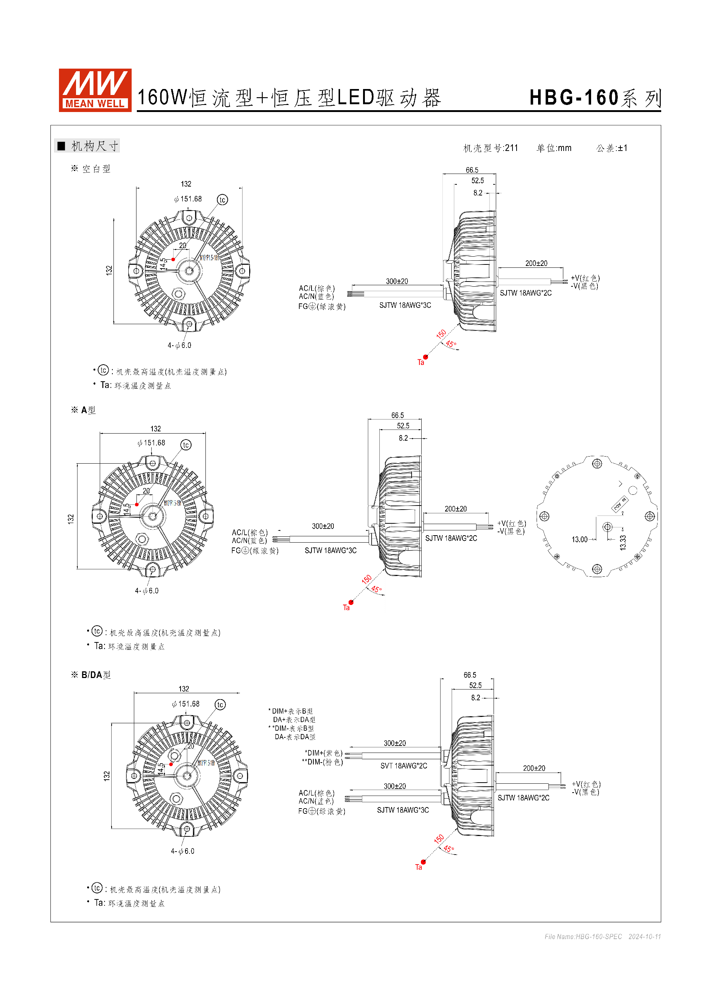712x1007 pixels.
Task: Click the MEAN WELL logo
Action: point(95,90)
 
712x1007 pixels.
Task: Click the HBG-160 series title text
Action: point(594,98)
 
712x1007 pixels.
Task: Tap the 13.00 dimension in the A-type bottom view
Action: point(579,539)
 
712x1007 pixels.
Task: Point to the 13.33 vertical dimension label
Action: point(623,543)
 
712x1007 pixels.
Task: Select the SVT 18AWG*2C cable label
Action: point(403,766)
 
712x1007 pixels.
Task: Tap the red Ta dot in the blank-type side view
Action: point(425,357)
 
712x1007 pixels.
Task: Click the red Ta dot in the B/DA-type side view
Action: point(423,862)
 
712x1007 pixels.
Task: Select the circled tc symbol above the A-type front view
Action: point(186,445)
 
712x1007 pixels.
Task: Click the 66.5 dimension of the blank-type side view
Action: point(472,170)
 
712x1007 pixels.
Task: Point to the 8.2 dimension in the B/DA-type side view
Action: point(476,698)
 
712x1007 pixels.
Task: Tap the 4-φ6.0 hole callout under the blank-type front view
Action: point(179,346)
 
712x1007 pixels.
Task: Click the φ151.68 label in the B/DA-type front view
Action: point(186,704)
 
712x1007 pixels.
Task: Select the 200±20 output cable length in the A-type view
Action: point(455,509)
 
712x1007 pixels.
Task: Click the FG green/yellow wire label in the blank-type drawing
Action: point(322,307)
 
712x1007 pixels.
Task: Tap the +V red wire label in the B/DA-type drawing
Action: point(586,784)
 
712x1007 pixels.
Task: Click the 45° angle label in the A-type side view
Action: point(376,589)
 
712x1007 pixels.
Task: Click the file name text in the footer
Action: point(583,937)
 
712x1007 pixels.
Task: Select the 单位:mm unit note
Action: point(554,148)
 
